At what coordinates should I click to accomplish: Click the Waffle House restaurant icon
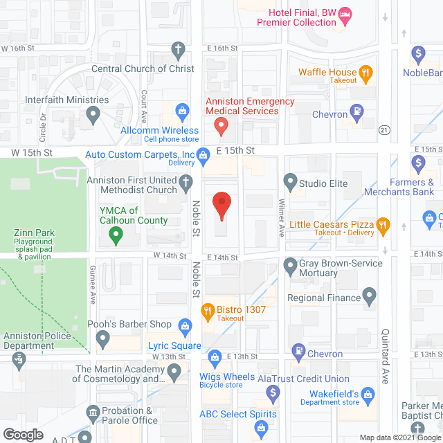point(366,72)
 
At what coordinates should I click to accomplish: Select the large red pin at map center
point(221,204)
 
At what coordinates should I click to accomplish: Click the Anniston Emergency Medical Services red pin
point(221,126)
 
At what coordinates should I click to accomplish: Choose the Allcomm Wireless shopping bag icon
point(182,110)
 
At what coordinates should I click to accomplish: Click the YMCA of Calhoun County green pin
point(116,236)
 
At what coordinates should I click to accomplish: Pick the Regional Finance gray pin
point(370,298)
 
